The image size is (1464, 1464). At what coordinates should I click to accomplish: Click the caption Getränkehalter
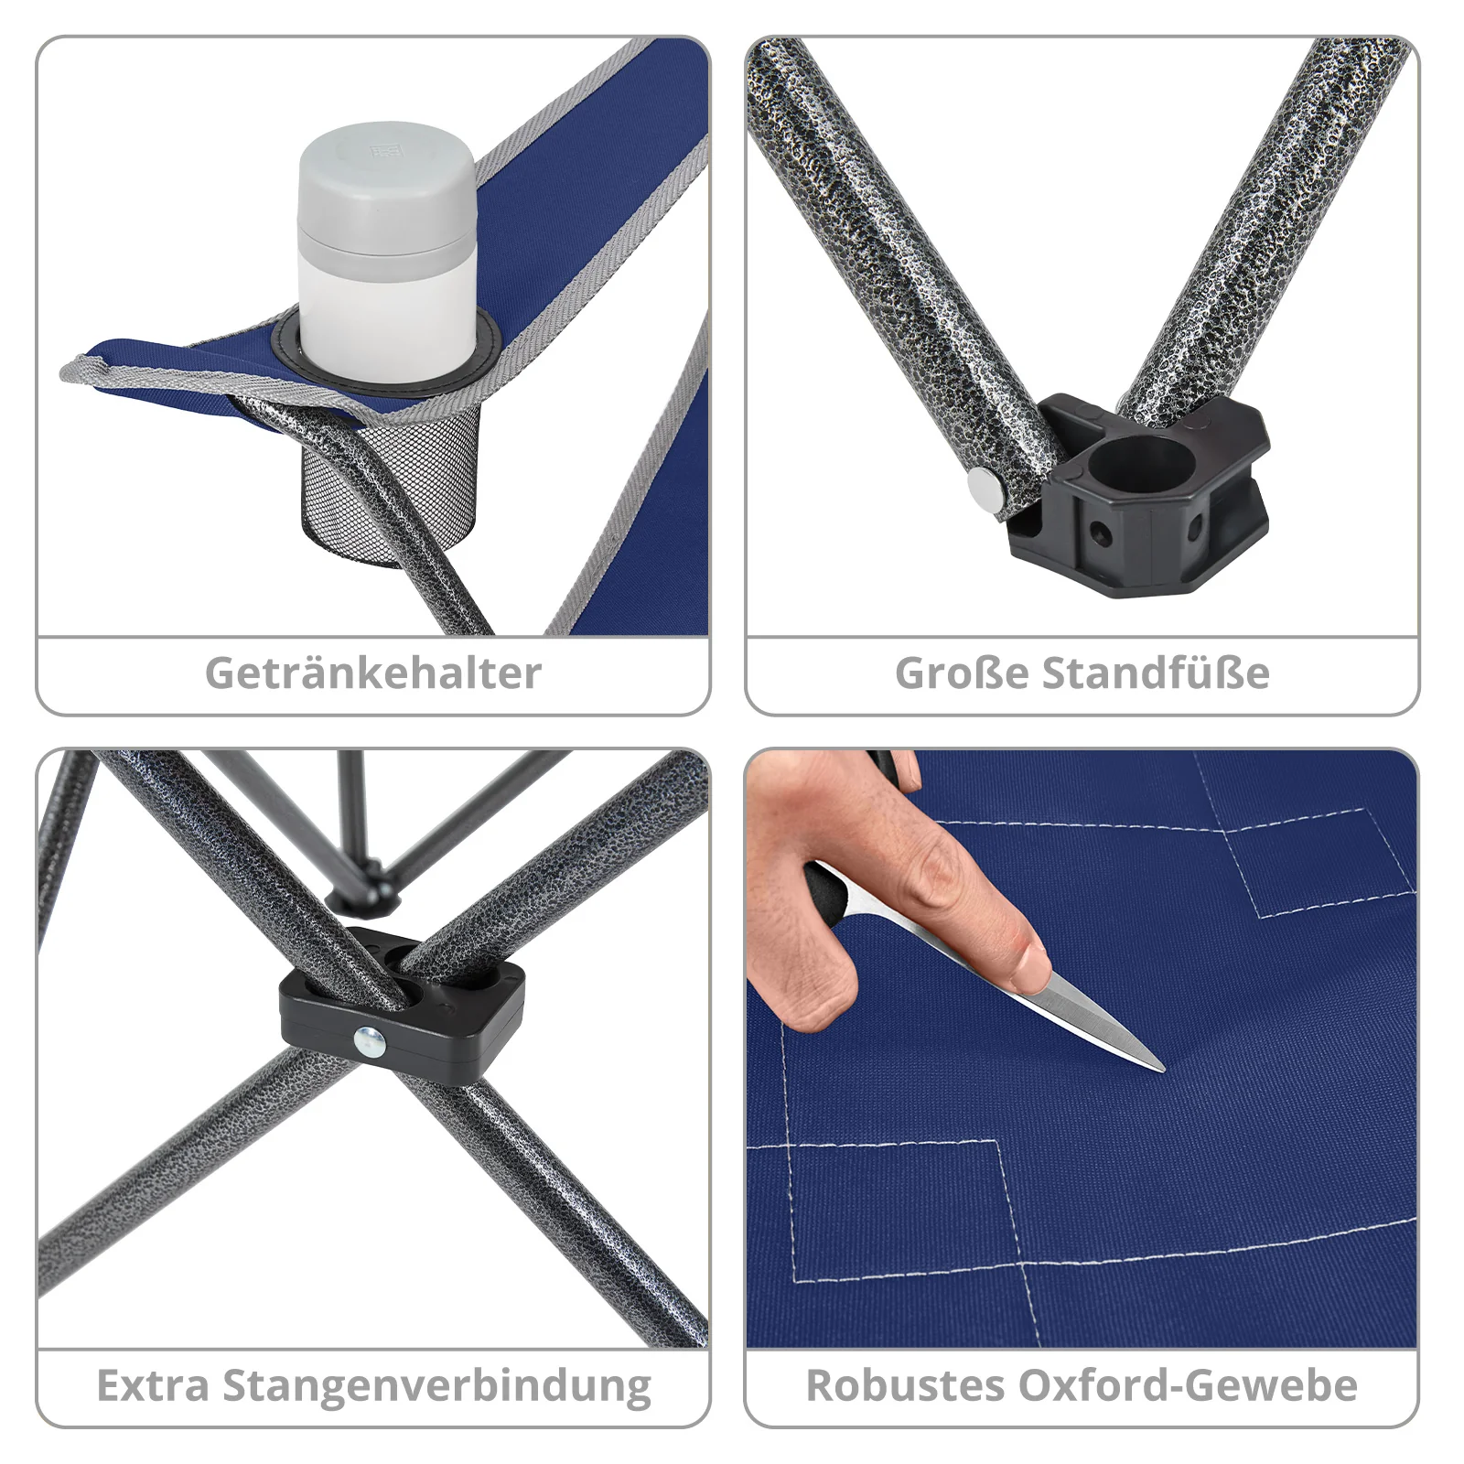pos(373,673)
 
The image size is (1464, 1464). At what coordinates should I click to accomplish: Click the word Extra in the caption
pos(153,1385)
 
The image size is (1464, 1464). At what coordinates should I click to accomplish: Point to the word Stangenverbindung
pos(437,1385)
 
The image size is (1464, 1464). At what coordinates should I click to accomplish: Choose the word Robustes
pos(904,1385)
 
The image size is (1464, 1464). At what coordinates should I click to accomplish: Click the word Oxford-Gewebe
pos(1188,1385)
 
